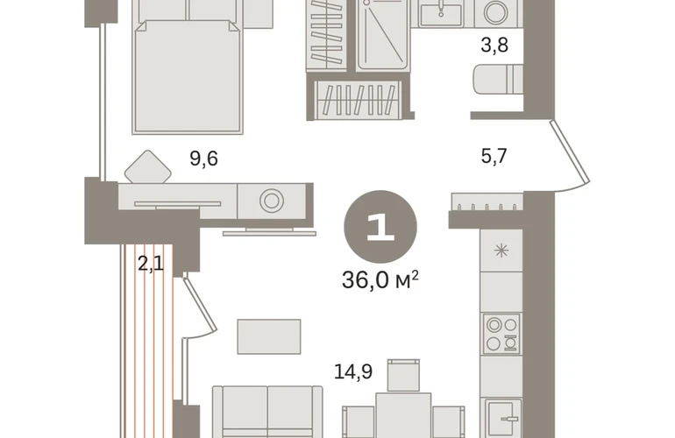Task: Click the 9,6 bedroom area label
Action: (x=203, y=159)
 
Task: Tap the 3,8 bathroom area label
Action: (x=494, y=45)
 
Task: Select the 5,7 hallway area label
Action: (x=494, y=156)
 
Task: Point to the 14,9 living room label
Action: (x=353, y=371)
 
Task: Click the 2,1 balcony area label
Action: (x=151, y=263)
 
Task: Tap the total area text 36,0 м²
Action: (x=380, y=280)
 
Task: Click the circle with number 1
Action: (x=380, y=227)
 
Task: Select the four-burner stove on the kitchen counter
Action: (x=501, y=334)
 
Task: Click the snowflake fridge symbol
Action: (x=501, y=251)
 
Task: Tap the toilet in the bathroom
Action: (x=498, y=79)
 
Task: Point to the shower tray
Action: (x=381, y=34)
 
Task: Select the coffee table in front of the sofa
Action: (x=269, y=336)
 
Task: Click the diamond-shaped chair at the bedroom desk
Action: (x=147, y=167)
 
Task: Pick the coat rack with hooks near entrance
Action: (x=487, y=201)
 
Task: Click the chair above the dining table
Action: (x=403, y=375)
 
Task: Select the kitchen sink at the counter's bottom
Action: (x=503, y=418)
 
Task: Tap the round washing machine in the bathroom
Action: (x=495, y=12)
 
